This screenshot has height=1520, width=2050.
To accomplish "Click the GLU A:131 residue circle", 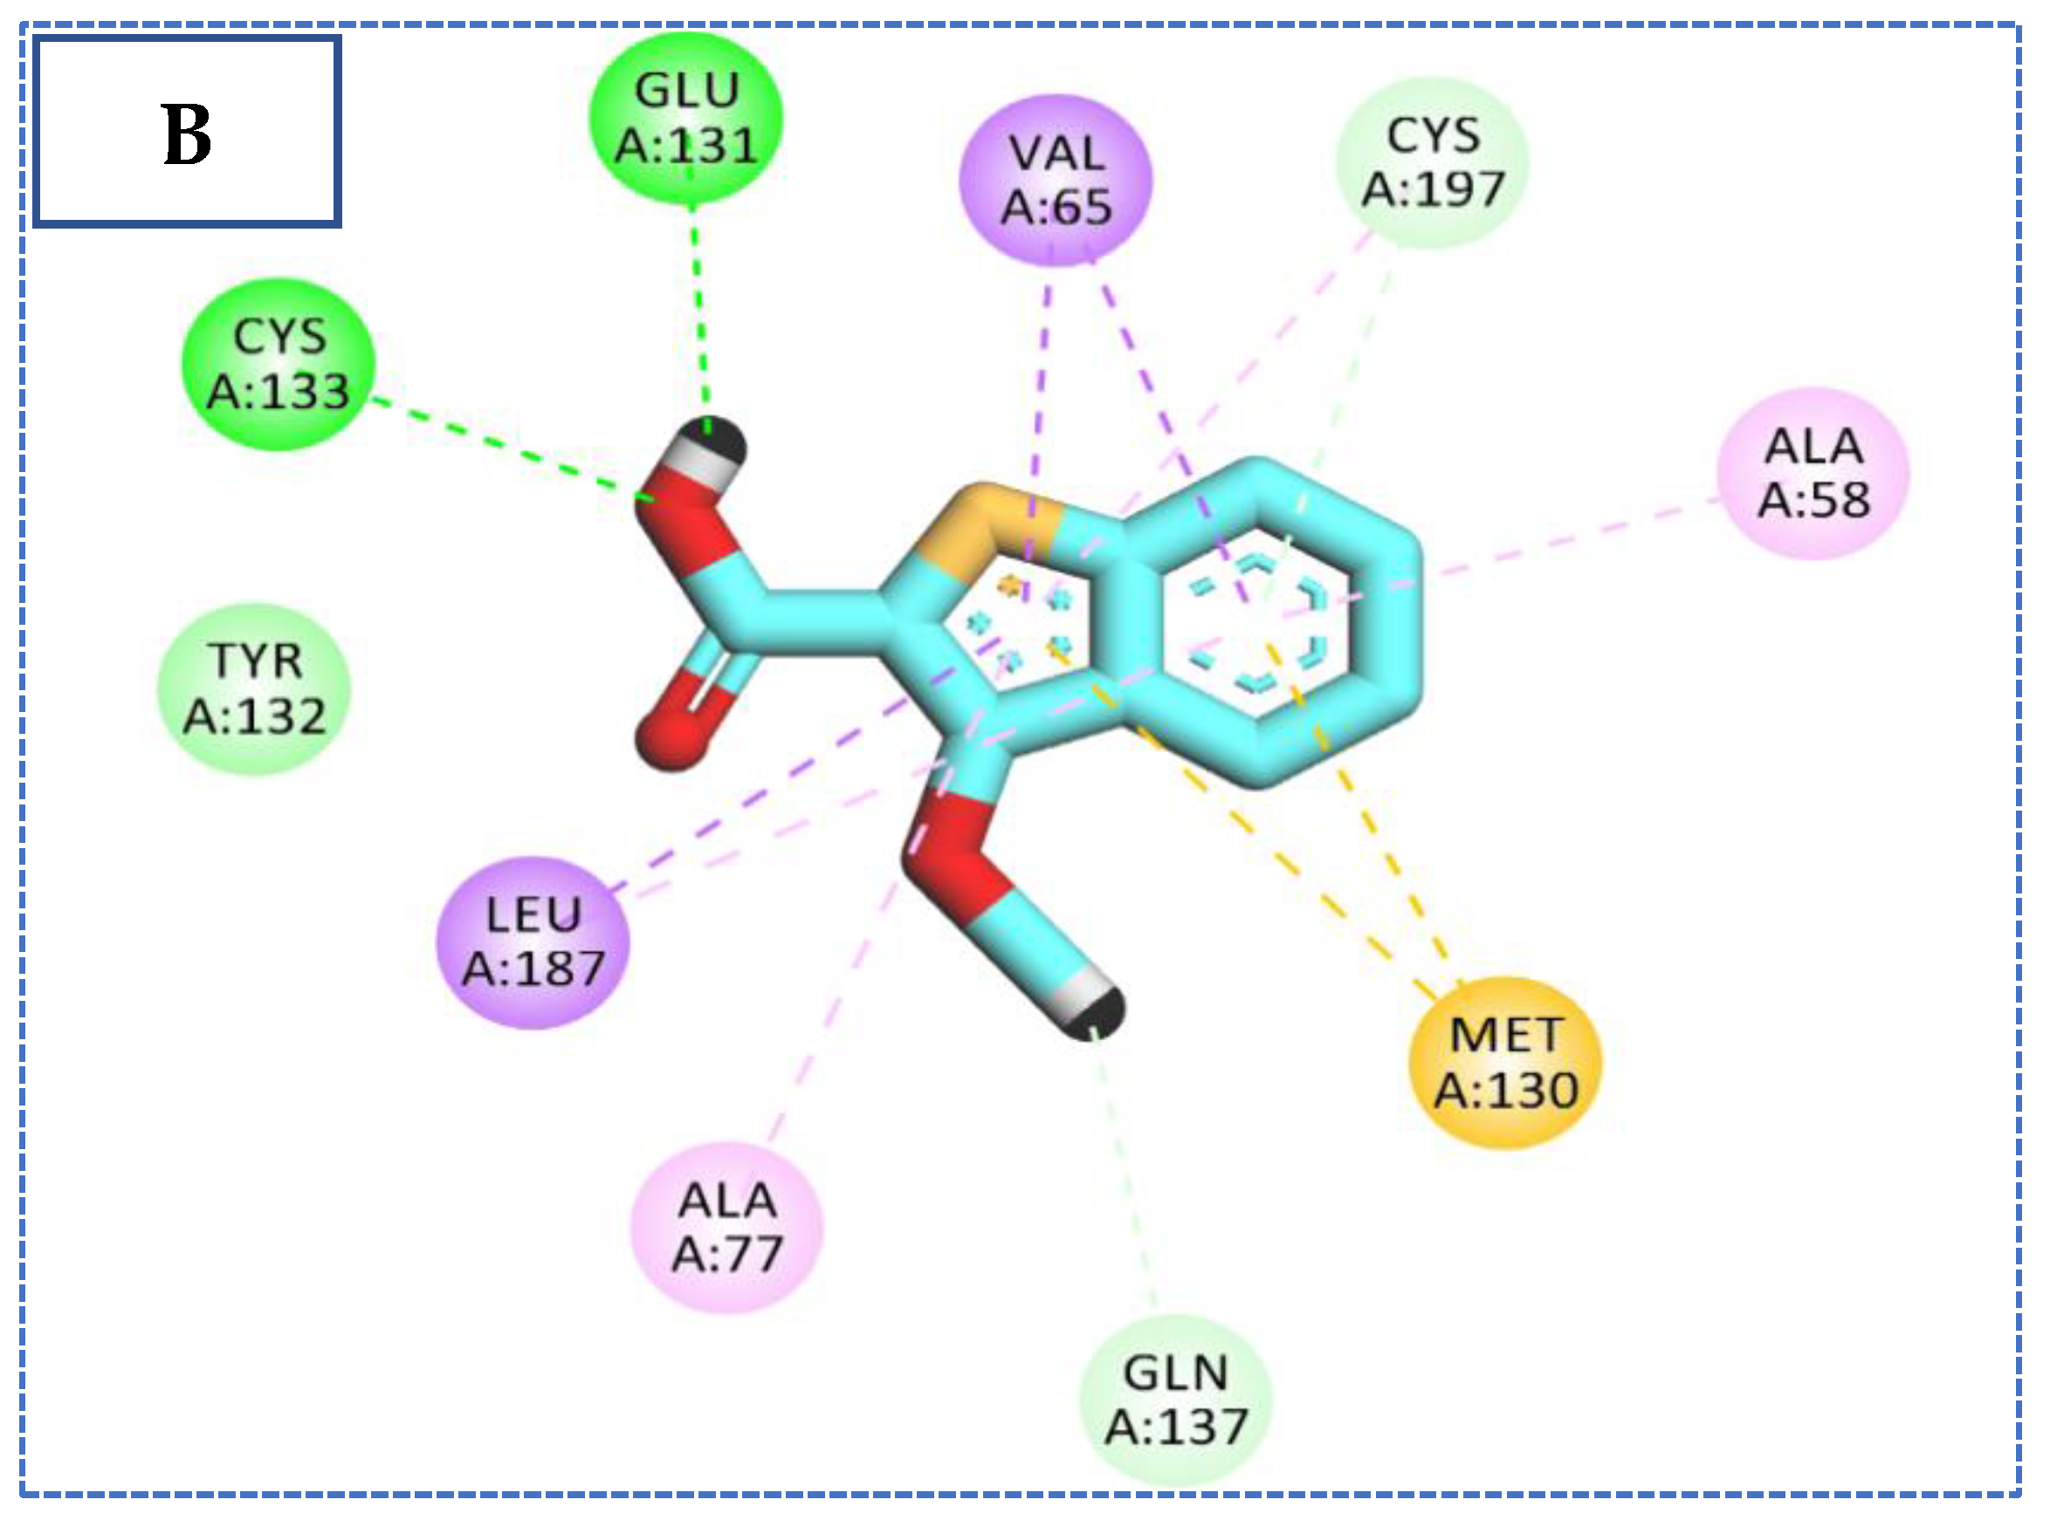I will point(685,118).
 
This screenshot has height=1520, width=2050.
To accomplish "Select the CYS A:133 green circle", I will point(278,365).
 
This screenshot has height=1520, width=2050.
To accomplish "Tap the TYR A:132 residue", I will point(255,688).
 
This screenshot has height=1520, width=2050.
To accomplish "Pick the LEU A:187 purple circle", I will point(533,942).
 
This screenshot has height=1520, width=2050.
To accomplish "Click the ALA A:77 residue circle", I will point(727,1228).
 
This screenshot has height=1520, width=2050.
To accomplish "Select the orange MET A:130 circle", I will point(1506,1064).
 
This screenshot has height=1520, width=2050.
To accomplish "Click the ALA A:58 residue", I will point(1813,474).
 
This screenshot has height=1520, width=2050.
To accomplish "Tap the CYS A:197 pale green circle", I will point(1433,163).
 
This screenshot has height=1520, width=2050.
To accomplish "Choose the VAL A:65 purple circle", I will point(1056,181).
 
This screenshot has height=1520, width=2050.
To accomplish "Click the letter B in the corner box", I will point(187,134).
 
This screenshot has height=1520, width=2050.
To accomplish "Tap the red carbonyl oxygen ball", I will point(671,736).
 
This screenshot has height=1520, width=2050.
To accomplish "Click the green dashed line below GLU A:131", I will point(698,304).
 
